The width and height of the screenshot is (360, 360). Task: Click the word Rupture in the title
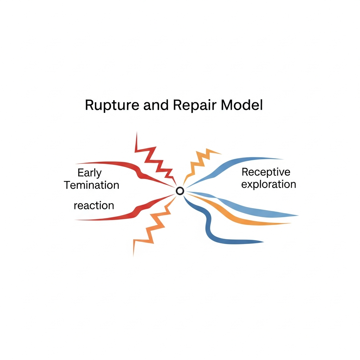tap(107, 105)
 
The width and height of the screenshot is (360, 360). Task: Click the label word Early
tap(89, 173)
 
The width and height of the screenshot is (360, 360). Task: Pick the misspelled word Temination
tap(92, 185)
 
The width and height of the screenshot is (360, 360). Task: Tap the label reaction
tap(94, 205)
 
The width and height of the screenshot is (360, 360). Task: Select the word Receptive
tap(266, 172)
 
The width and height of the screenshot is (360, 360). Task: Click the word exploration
tap(269, 184)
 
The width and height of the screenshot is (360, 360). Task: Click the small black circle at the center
tap(180, 191)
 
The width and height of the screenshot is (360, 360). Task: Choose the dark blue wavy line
tap(211, 232)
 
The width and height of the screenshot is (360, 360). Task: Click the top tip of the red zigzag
tap(136, 133)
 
